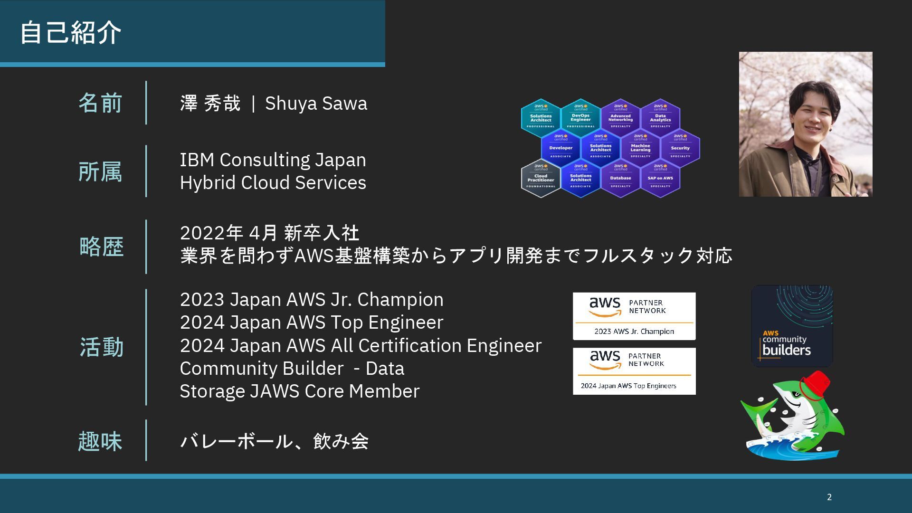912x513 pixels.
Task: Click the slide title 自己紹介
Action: (x=71, y=32)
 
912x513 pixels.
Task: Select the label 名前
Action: (x=100, y=103)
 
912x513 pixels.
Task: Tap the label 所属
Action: (x=100, y=171)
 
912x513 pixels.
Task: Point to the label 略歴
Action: (x=101, y=247)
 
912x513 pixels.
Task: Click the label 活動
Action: (x=101, y=347)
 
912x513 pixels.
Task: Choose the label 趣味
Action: (x=100, y=441)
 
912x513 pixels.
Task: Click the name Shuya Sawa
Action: (x=316, y=103)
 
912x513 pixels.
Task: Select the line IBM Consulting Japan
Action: (x=273, y=160)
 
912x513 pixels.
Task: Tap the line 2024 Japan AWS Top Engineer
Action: (x=311, y=323)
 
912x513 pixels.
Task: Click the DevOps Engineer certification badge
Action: (x=580, y=117)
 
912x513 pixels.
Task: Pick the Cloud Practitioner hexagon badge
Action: (x=541, y=178)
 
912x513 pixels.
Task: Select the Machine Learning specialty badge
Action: (x=640, y=147)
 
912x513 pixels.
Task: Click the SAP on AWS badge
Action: (x=660, y=178)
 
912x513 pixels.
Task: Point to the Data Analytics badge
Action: (x=660, y=117)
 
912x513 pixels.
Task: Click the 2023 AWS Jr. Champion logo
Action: (x=634, y=316)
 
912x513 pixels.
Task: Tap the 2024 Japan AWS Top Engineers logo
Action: (x=634, y=371)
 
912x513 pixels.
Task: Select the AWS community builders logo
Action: (x=792, y=326)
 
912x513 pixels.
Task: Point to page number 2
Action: (x=829, y=497)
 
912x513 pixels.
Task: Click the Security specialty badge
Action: (x=680, y=147)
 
